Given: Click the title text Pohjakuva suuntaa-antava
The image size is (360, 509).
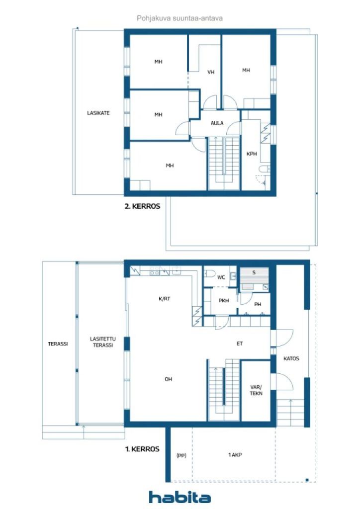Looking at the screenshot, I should click(x=180, y=18).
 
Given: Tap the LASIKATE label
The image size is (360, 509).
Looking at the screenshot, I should click(x=98, y=113).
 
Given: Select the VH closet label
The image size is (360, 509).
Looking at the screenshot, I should click(x=211, y=72).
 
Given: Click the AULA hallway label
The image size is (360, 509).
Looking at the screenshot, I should click(x=217, y=123).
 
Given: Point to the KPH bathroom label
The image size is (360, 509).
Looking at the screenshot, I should click(x=252, y=154).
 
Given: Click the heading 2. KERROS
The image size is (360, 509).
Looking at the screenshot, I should click(x=142, y=205).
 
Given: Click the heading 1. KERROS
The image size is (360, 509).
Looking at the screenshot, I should click(x=142, y=449).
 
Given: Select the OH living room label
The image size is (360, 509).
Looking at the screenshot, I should click(x=169, y=379).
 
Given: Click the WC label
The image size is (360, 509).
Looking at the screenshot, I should click(x=221, y=277).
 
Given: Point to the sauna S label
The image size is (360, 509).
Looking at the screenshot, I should click(x=254, y=272).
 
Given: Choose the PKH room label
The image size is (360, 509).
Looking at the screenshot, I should click(x=223, y=301).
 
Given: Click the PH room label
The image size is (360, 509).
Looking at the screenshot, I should click(x=258, y=304).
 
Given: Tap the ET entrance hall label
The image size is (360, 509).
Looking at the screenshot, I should click(x=239, y=343).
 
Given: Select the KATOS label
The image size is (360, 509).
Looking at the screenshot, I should click(x=291, y=358).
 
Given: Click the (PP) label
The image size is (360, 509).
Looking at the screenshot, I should click(x=181, y=455).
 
